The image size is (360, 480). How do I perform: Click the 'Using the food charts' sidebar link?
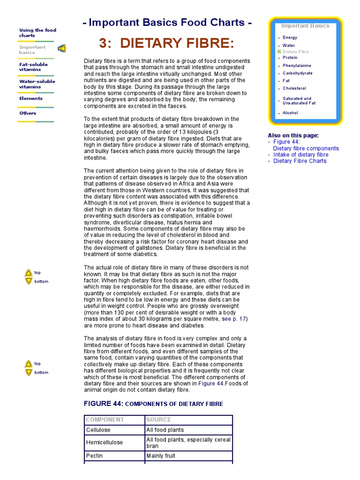[x=37, y=33]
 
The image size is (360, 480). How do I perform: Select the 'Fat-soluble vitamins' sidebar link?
[x=30, y=67]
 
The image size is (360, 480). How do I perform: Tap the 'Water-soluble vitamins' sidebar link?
[x=37, y=84]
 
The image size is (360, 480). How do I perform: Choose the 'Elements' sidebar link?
[x=31, y=98]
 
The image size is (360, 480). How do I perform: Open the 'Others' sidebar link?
[x=28, y=113]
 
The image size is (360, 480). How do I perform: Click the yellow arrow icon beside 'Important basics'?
[x=62, y=48]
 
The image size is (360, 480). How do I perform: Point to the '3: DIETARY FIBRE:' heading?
[x=166, y=44]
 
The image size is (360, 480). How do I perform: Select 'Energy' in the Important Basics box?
[x=290, y=37]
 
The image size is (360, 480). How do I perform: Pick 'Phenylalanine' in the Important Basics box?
[x=297, y=66]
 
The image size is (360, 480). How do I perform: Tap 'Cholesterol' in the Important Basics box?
[x=294, y=88]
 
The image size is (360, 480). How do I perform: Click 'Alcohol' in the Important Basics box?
[x=290, y=113]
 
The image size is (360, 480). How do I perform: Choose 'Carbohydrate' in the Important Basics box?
[x=298, y=73]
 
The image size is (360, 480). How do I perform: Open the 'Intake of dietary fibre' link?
[x=300, y=155]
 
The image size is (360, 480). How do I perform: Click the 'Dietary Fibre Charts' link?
[x=300, y=161]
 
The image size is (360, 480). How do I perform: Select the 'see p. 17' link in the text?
[x=233, y=319]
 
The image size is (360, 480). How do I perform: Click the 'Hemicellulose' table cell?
[x=105, y=442]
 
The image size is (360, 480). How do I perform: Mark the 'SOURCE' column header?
[x=158, y=420]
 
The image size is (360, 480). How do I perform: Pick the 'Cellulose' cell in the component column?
[x=98, y=430]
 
